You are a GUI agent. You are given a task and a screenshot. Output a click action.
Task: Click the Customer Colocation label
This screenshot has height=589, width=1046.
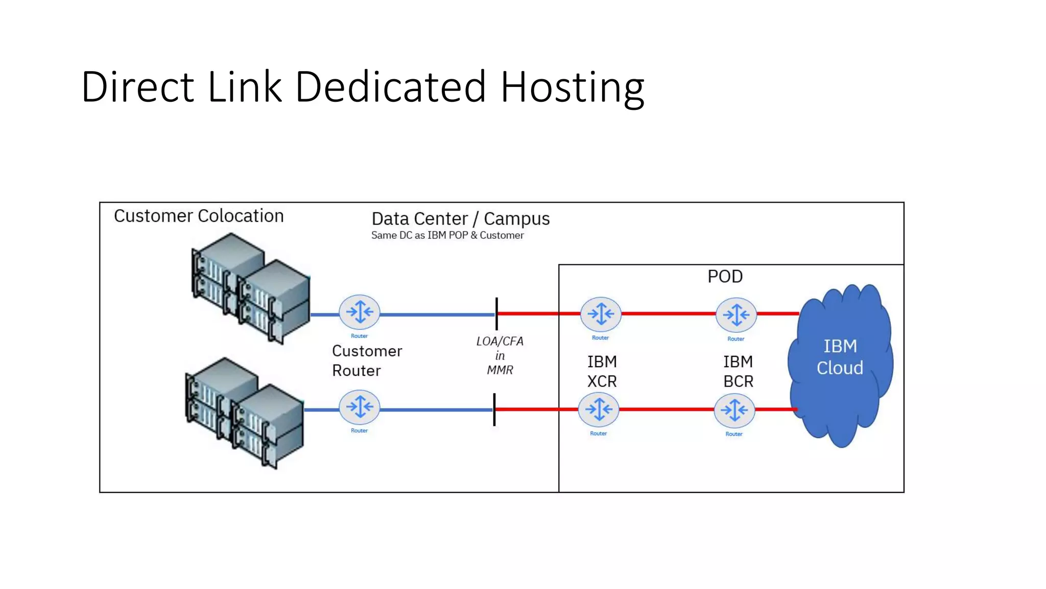click(199, 216)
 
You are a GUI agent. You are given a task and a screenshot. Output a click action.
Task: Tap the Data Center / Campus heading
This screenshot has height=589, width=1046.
click(460, 219)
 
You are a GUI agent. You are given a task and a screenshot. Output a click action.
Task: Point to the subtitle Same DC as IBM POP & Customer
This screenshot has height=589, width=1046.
click(447, 235)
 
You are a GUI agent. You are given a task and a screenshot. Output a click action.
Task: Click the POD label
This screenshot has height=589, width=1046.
click(725, 277)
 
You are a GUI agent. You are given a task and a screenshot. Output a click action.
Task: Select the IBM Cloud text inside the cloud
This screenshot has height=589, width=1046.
click(840, 357)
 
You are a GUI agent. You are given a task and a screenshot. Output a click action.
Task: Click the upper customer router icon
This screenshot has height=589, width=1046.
click(360, 312)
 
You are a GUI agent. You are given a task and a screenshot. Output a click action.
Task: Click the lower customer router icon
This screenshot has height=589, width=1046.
click(360, 407)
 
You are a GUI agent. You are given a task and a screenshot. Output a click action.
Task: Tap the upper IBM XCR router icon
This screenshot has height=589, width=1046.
click(601, 314)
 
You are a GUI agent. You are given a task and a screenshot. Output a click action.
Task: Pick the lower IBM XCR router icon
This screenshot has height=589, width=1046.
click(599, 410)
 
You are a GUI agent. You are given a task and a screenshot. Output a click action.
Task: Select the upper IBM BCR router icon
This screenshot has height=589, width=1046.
click(736, 314)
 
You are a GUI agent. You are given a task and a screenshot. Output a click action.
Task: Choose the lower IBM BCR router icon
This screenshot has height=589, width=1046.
click(734, 410)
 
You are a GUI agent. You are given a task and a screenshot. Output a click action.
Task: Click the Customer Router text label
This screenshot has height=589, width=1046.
click(366, 360)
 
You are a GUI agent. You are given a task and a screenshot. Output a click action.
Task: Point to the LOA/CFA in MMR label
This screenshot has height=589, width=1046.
click(500, 355)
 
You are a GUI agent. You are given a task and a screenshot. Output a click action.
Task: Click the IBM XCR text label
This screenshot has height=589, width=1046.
click(602, 372)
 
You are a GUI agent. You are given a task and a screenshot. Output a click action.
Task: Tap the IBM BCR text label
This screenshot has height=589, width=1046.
click(738, 372)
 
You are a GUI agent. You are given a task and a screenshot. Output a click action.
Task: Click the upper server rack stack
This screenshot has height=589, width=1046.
click(250, 289)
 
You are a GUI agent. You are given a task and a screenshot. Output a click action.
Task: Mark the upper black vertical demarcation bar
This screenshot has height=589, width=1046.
click(496, 313)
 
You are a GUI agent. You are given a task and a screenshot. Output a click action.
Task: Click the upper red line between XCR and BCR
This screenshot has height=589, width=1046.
click(668, 313)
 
